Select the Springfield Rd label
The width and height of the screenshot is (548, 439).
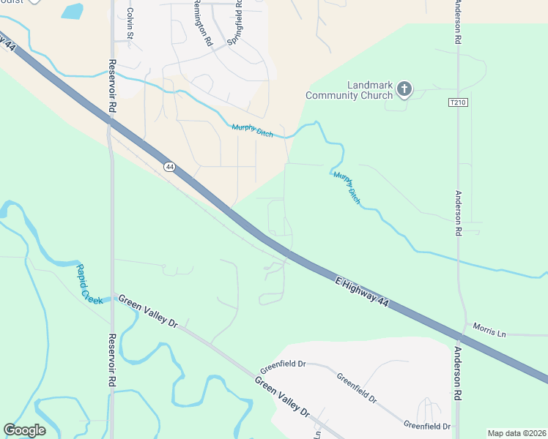point(235,23)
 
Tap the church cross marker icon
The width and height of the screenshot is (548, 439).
point(404,90)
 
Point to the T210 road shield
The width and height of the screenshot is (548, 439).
point(458,103)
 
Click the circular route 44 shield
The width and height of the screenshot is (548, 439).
point(169,167)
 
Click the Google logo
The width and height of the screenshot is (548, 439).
point(24,430)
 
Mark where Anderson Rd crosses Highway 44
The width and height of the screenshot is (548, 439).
point(459,337)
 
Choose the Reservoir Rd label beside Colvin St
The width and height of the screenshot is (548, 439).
point(113,86)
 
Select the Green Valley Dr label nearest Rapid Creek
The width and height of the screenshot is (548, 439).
point(148,311)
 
